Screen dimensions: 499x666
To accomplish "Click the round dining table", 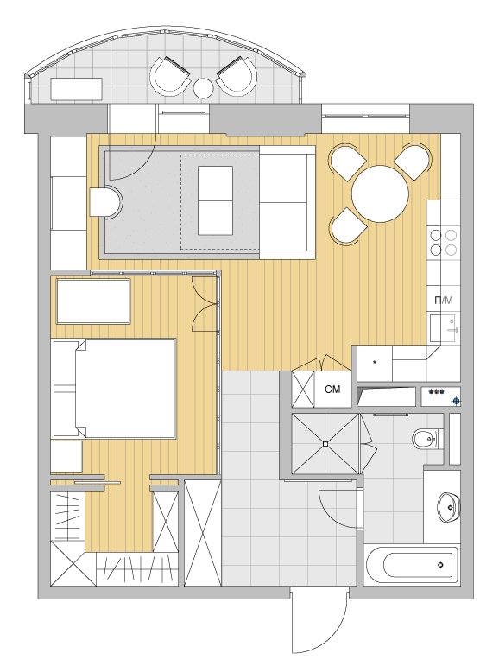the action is tap(380, 193).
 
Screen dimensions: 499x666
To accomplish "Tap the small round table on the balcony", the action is tap(204, 88).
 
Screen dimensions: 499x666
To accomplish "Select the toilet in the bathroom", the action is tap(426, 438).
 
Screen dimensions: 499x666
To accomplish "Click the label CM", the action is tap(332, 389).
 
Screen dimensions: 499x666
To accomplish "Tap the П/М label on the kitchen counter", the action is tap(444, 301).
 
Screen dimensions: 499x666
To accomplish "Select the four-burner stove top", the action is tap(444, 242).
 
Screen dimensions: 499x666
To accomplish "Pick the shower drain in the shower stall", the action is tap(325, 444).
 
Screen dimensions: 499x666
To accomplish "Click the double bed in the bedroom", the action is tap(114, 388).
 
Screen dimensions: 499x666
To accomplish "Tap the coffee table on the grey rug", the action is tap(215, 200).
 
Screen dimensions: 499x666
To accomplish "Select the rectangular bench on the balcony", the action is tap(77, 89).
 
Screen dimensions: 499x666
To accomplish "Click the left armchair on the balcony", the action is tap(170, 77).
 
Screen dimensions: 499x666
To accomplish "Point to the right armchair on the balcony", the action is tap(237, 77).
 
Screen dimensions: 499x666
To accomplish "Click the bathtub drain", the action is tap(441, 565).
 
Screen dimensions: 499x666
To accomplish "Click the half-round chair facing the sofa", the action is tap(106, 203).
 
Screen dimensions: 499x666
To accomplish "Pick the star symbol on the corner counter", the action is tap(375, 362).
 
